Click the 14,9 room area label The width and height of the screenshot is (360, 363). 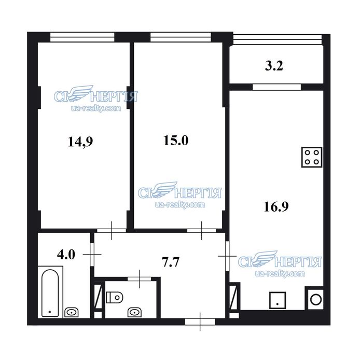(x=80, y=142)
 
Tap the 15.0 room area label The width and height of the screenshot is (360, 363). (x=176, y=141)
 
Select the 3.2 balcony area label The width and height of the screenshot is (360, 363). (x=274, y=65)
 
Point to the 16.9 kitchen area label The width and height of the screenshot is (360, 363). (x=276, y=206)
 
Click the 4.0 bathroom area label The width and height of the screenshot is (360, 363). (x=66, y=255)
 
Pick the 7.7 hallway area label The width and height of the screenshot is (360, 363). (x=170, y=262)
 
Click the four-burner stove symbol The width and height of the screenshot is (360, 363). (x=312, y=157)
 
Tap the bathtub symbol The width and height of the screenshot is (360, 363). (x=50, y=293)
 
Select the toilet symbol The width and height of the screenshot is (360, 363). (x=114, y=297)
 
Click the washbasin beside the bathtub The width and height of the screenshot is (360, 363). (x=71, y=312)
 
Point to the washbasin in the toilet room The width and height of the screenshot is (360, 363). (x=135, y=312)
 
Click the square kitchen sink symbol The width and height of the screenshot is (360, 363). (x=278, y=300)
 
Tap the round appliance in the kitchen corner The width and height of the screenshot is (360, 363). (x=316, y=300)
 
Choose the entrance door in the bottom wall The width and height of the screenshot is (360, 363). (x=200, y=322)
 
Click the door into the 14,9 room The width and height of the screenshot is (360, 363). (x=112, y=231)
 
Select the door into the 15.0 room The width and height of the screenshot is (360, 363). (x=202, y=231)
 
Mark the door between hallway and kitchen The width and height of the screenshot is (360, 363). (x=227, y=256)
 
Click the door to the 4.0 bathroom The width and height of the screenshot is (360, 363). (x=92, y=255)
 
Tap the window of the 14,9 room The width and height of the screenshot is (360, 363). (x=82, y=37)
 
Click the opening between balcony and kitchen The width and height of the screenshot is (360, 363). (x=276, y=87)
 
